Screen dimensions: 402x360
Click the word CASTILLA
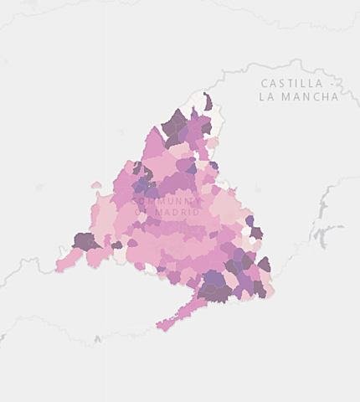(291, 83)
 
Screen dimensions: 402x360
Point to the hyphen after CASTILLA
(333, 83)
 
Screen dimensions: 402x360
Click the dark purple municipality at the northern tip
(208, 101)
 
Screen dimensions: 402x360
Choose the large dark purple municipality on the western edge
(85, 242)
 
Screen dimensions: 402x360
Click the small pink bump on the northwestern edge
(96, 185)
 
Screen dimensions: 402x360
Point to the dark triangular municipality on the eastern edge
(265, 265)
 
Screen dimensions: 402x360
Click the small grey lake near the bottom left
(98, 339)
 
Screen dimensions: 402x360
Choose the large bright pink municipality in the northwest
(155, 147)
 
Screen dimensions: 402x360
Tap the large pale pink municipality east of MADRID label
(226, 209)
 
